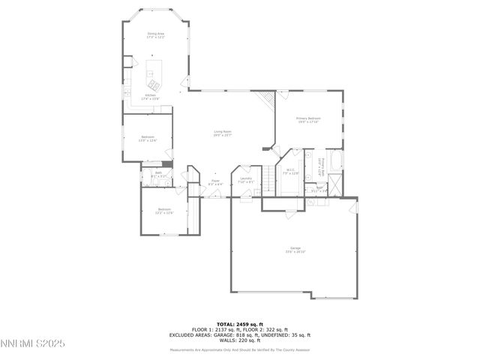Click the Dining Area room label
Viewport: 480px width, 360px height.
pos(155,35)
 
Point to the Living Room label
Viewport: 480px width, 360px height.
pos(222,133)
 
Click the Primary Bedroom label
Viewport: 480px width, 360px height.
pos(308,119)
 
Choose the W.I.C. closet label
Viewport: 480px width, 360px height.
pos(292,172)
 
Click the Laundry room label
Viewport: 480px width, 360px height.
pos(246,180)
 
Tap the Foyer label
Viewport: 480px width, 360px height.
pos(214,181)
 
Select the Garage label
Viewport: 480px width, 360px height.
pos(295,250)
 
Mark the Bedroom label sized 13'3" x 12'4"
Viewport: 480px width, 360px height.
pos(148,138)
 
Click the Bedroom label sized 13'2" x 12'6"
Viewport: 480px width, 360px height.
pos(163,211)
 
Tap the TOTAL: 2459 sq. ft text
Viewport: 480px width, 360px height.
pos(240,324)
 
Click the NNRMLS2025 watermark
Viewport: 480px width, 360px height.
pos(33,343)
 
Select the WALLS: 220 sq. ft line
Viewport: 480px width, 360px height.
pos(240,341)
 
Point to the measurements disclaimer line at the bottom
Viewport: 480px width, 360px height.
pos(240,350)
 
